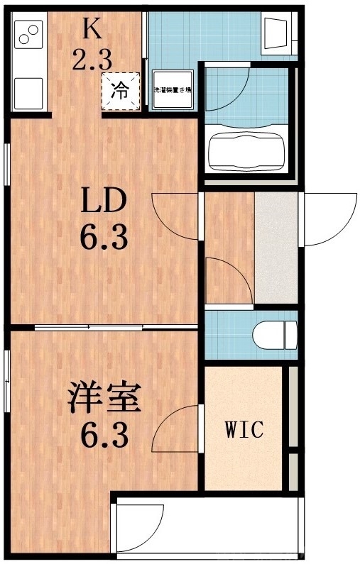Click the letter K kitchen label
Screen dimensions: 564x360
[91, 30]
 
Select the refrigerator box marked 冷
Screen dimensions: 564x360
[121, 91]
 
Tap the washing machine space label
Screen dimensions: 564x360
[174, 92]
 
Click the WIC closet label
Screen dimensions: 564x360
[244, 429]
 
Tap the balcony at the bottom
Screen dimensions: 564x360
[206, 525]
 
